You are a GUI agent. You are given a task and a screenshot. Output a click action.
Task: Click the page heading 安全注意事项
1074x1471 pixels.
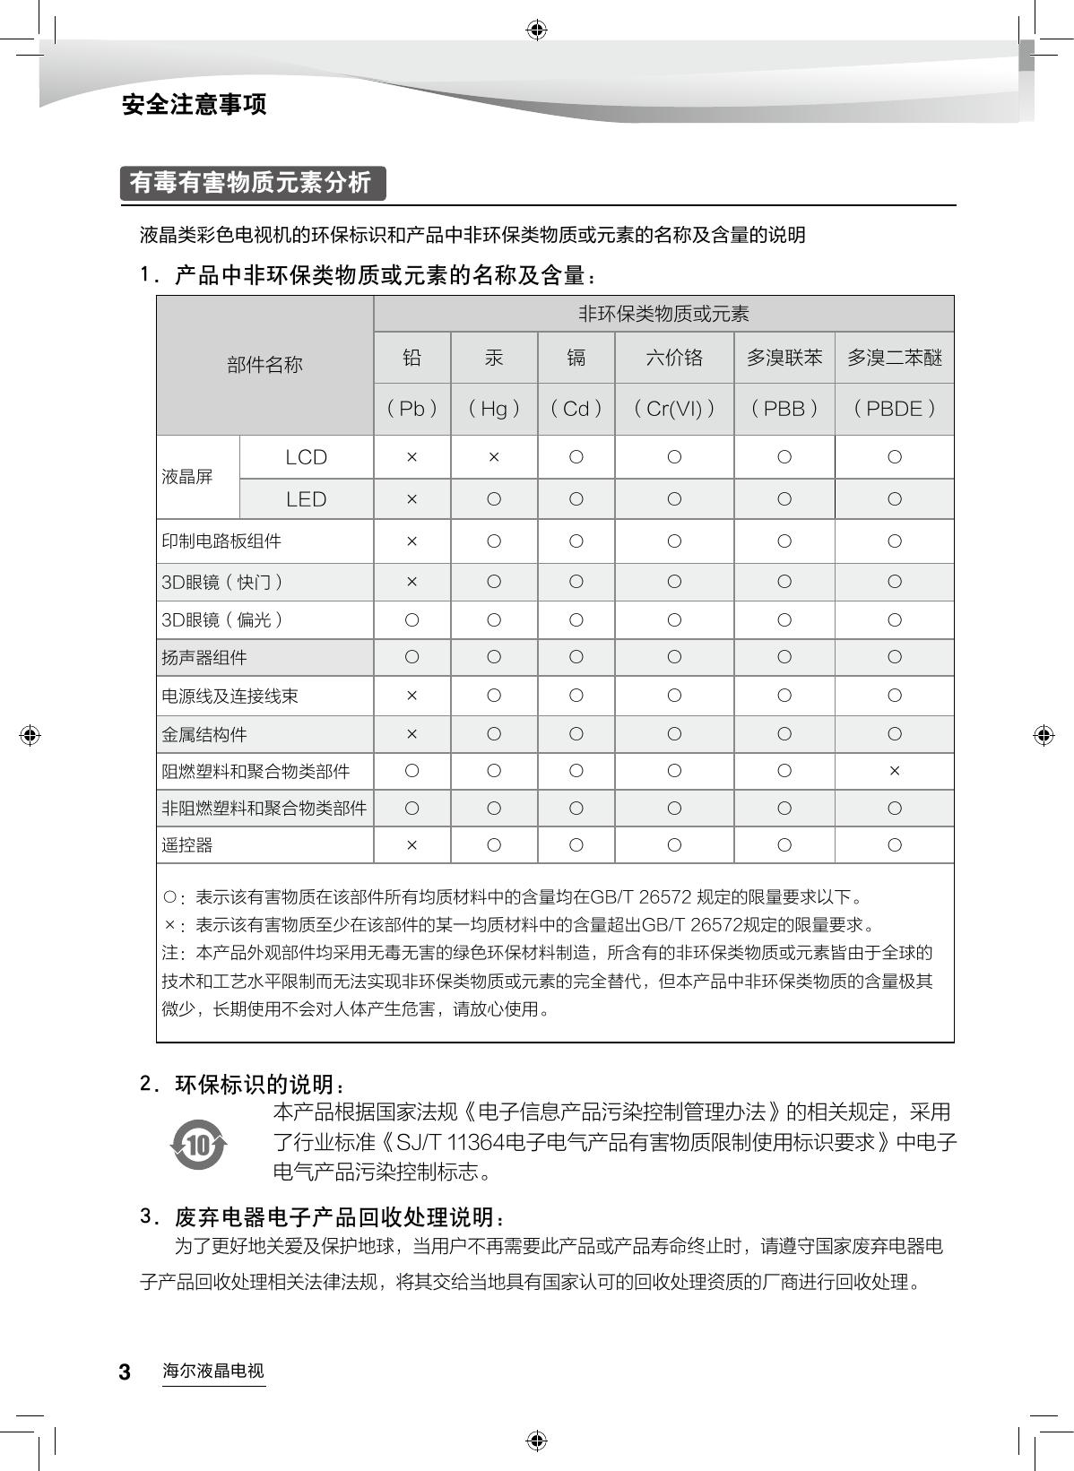click(x=194, y=105)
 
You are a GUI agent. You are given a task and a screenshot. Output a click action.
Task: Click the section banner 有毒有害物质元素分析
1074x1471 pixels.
click(x=251, y=183)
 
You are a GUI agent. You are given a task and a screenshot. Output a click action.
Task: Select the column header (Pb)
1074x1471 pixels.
click(x=411, y=409)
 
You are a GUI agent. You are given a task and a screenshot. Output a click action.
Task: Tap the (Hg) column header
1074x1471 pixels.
click(x=494, y=409)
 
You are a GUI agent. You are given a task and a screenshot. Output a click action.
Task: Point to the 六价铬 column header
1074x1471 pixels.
click(x=674, y=358)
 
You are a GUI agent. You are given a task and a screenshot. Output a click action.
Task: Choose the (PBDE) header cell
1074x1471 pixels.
click(x=894, y=409)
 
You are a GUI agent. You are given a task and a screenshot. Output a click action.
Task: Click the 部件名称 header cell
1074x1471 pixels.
click(x=264, y=365)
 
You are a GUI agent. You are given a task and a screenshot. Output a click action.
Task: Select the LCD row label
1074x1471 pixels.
click(x=306, y=457)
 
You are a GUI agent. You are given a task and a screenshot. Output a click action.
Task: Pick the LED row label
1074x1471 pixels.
click(x=306, y=499)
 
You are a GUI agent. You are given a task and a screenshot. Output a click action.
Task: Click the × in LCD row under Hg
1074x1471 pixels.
click(x=494, y=457)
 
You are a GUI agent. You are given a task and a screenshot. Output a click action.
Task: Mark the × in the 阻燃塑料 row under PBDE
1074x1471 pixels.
click(x=894, y=771)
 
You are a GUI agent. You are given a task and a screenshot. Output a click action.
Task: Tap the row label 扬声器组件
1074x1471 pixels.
click(x=204, y=658)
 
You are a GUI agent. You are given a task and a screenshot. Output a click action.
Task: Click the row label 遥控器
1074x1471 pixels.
click(x=187, y=845)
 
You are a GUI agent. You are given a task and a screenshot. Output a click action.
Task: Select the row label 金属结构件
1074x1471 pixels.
click(x=204, y=735)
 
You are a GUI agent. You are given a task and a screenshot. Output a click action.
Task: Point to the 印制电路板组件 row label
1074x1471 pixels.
click(x=221, y=541)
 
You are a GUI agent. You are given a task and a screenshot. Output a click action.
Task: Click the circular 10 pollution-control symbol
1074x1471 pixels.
click(x=198, y=1144)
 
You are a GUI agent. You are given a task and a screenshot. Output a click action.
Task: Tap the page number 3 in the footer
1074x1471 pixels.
click(x=125, y=1372)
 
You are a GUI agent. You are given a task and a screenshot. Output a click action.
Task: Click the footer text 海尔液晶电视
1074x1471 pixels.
click(x=213, y=1371)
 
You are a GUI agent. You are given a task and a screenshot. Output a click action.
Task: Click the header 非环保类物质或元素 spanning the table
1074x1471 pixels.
click(x=663, y=314)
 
